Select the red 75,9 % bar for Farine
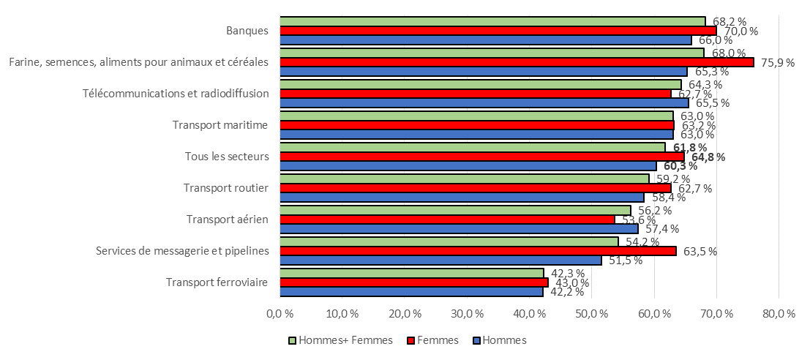pos(516,62)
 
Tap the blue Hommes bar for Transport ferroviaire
pos(411,292)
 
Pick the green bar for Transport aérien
pos(455,211)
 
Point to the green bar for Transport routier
pos(464,179)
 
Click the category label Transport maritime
pos(220,125)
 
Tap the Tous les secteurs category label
pos(226,157)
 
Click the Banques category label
pos(247,31)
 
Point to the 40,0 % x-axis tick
pos(528,314)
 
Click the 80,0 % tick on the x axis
pos(778,314)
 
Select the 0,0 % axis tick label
pos(280,314)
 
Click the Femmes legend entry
pos(438,340)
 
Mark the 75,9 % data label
pos(778,62)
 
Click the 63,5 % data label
pos(700,252)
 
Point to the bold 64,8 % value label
pos(709,157)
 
